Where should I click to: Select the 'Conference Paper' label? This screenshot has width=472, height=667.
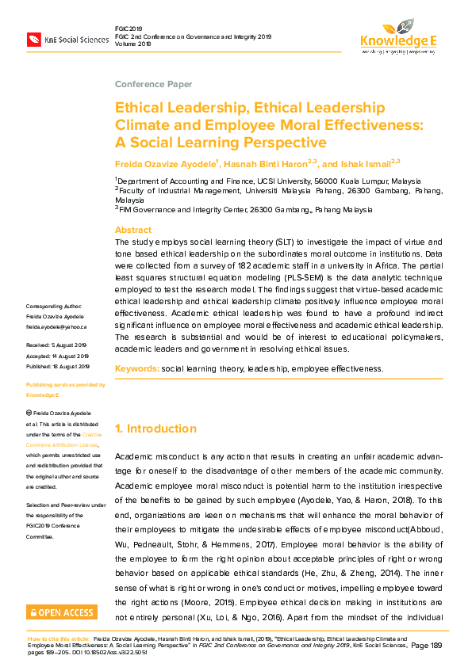point(153,84)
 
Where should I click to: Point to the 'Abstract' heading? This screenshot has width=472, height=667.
point(133,228)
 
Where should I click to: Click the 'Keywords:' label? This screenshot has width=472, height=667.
point(136,369)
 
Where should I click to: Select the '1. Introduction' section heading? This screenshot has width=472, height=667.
point(155,429)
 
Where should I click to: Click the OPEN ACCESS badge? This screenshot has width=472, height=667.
point(61,612)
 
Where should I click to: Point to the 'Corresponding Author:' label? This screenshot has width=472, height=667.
point(53,307)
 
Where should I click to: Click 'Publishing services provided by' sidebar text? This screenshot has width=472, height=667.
point(66,384)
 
